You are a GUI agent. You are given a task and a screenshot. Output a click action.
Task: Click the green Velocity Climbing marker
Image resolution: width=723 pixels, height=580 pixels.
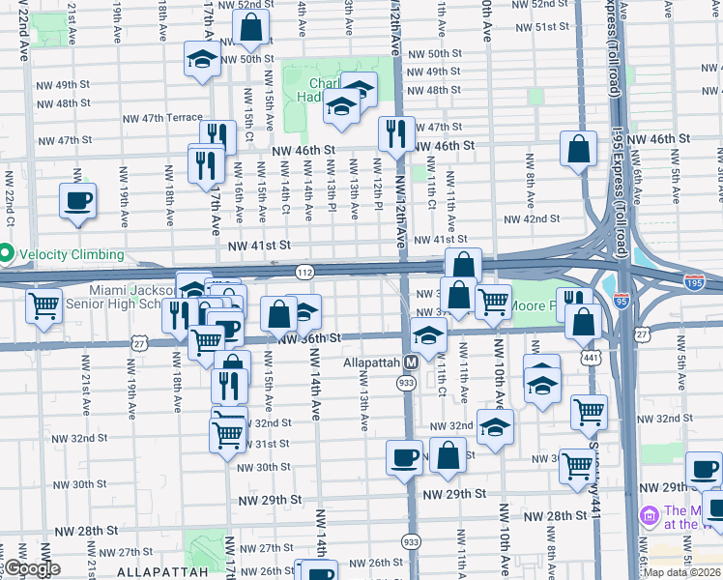coord(6,254)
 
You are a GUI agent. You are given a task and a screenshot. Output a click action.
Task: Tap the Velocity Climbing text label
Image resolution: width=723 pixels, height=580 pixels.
coord(72,254)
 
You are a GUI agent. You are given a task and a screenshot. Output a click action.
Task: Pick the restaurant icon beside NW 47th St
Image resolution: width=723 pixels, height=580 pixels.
coord(394,134)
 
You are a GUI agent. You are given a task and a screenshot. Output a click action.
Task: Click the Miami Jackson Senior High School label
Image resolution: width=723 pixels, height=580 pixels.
coord(130,297)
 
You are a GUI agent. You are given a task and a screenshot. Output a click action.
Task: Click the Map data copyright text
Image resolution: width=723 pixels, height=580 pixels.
coord(681,572)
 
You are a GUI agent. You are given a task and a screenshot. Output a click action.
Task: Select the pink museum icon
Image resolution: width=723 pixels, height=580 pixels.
coord(648,518)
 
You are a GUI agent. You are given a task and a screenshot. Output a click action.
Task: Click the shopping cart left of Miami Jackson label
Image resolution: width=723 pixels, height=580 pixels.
coord(44,305)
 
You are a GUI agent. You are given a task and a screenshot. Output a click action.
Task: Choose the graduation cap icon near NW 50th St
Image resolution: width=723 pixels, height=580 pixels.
coord(201,60)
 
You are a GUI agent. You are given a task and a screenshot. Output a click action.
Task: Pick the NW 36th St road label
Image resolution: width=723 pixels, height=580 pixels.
coord(310,338)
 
